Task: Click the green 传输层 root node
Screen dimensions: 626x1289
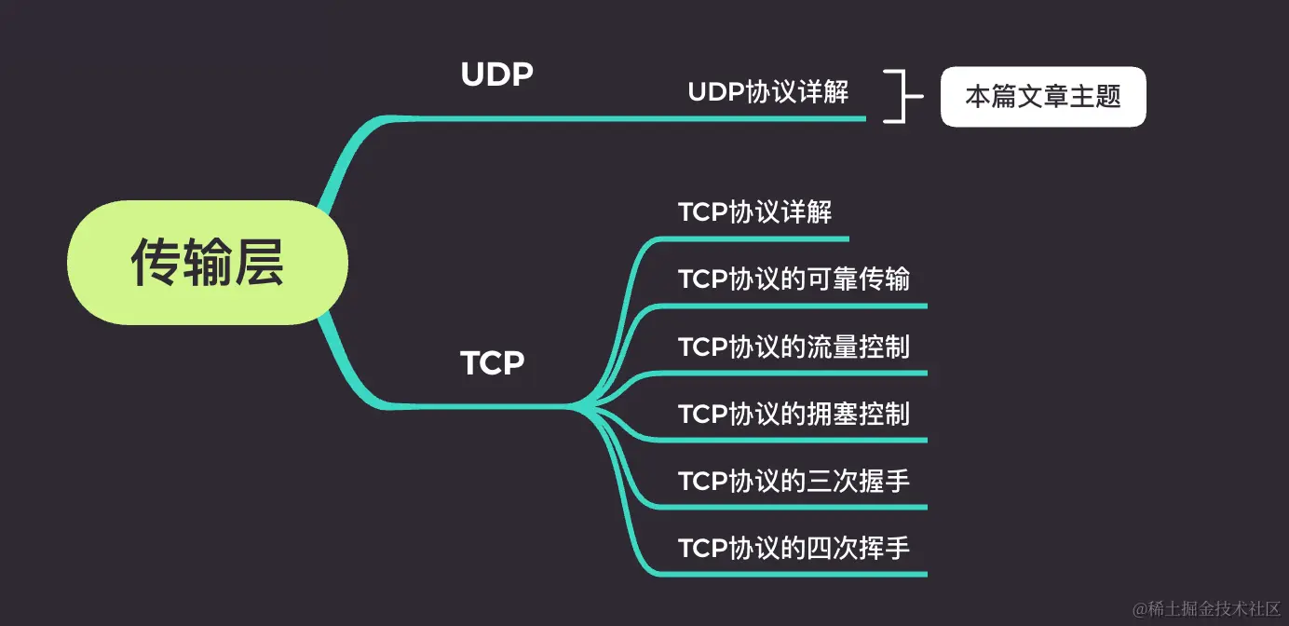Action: point(207,262)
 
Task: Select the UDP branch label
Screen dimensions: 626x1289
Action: point(496,74)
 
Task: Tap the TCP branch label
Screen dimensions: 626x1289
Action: point(492,362)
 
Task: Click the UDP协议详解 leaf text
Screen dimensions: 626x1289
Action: point(767,92)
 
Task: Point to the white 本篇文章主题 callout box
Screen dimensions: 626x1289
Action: point(1042,96)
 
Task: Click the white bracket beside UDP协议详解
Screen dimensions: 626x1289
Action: point(896,96)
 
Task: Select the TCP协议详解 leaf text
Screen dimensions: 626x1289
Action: point(754,211)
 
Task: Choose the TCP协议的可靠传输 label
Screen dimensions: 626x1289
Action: point(794,279)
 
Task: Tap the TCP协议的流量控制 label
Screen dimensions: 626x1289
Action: point(794,347)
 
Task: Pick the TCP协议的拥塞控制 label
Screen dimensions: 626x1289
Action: point(794,414)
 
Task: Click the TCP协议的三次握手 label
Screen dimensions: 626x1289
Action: point(794,481)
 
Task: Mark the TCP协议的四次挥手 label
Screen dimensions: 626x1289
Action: point(794,548)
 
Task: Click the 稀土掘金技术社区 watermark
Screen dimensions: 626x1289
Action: point(1207,609)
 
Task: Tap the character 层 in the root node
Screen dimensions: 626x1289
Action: point(258,262)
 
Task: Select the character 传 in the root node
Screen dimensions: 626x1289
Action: point(156,262)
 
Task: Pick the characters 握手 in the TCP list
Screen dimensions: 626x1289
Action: point(883,481)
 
